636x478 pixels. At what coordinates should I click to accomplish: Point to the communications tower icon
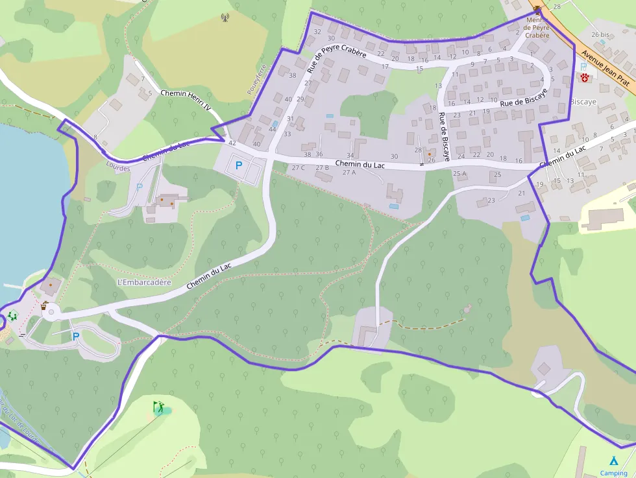225,18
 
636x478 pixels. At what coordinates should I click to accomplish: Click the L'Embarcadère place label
144,282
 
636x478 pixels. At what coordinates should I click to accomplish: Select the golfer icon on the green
158,407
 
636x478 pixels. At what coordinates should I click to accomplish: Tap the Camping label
613,473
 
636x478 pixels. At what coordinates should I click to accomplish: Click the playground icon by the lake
12,316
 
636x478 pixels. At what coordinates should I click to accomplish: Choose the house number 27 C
299,168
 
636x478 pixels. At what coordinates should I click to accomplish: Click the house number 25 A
459,173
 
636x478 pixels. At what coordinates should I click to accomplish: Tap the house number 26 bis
600,34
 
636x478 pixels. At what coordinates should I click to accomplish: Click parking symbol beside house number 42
238,165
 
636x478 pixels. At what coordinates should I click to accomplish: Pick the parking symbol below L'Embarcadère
76,337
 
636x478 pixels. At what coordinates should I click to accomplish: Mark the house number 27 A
349,173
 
